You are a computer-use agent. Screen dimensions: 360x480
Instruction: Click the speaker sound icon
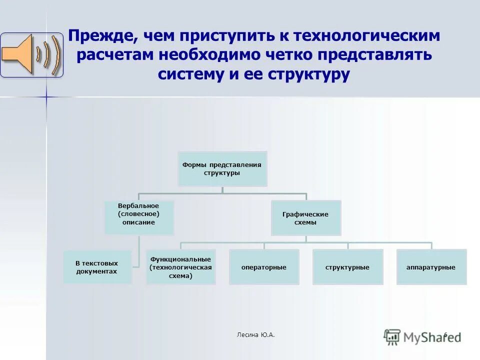tap(31, 55)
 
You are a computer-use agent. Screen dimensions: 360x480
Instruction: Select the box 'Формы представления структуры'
tap(222, 169)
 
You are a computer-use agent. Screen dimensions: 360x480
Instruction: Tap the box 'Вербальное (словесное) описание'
tap(138, 217)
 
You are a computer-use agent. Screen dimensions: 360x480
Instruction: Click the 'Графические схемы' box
tap(305, 218)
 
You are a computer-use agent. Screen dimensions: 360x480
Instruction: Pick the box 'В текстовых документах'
tap(97, 267)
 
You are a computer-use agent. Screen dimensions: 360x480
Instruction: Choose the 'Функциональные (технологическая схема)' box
tap(180, 267)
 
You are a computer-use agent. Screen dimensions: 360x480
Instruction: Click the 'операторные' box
tap(264, 267)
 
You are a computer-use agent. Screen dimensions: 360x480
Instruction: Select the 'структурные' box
tap(347, 267)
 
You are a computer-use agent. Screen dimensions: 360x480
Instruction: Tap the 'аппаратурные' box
tap(431, 267)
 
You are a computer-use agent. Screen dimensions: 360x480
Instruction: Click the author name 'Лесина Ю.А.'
tap(255, 334)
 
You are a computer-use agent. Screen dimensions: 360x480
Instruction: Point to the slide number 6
tap(445, 334)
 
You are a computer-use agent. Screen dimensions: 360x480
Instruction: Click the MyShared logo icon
tap(392, 336)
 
